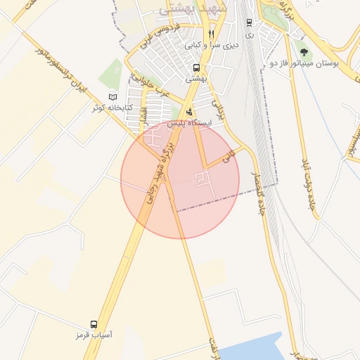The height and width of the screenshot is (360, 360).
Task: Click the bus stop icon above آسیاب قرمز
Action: point(94,324)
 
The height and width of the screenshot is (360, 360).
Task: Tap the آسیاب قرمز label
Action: point(94,335)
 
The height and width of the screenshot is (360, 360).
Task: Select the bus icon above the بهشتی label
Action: point(195,68)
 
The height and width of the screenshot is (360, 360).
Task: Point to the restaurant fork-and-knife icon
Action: point(210,33)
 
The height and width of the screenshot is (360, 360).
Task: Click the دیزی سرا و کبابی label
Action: point(212,44)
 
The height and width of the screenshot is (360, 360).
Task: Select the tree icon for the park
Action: point(304,51)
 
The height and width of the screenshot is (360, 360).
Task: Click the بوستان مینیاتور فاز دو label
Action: point(304,63)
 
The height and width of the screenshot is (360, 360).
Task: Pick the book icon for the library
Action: point(114,96)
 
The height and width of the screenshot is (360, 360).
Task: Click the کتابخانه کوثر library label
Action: point(109,108)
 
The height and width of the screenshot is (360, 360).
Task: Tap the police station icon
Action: point(188,112)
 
